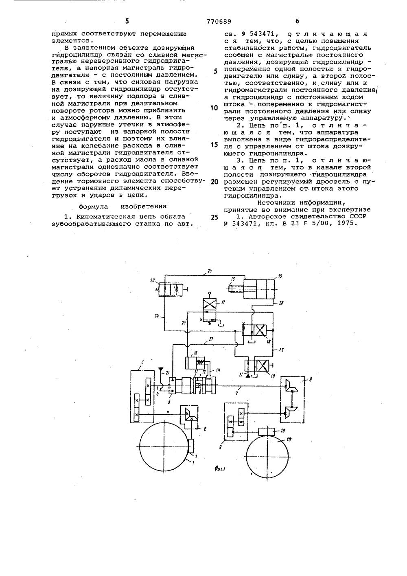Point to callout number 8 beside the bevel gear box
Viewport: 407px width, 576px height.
click(x=311, y=379)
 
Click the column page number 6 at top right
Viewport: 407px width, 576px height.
click(x=297, y=21)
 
